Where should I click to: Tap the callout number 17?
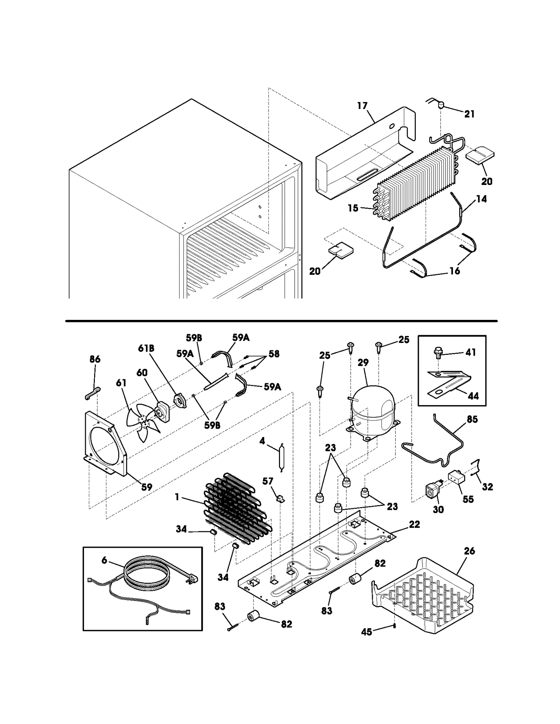pos(363,105)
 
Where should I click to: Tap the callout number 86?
pos(95,359)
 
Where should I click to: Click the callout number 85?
pos(472,419)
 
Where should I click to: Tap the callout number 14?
pos(482,199)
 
